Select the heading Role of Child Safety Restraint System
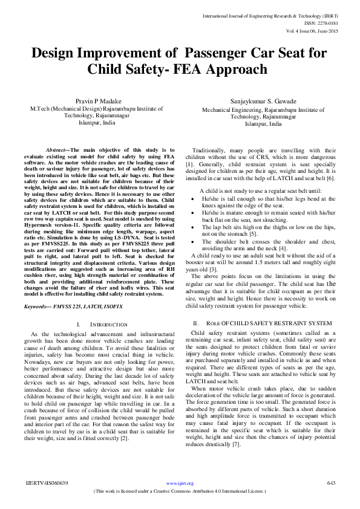[263, 323]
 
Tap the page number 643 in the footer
[331, 483]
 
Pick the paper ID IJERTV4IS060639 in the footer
[47, 483]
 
